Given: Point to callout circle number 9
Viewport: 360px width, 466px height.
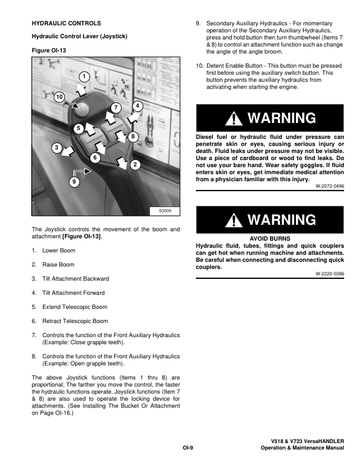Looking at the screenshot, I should coord(74,182).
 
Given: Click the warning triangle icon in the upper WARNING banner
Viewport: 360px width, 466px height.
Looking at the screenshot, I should coord(236,118).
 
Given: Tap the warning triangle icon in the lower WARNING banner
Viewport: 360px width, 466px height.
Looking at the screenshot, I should coord(236,220).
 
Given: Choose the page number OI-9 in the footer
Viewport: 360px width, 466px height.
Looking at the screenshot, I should coord(188,448).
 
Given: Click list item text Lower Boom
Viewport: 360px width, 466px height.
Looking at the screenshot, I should coord(59,251).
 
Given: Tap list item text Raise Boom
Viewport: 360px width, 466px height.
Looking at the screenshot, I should coord(58,265).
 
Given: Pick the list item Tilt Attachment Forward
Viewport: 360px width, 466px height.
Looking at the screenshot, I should coord(74,293).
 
